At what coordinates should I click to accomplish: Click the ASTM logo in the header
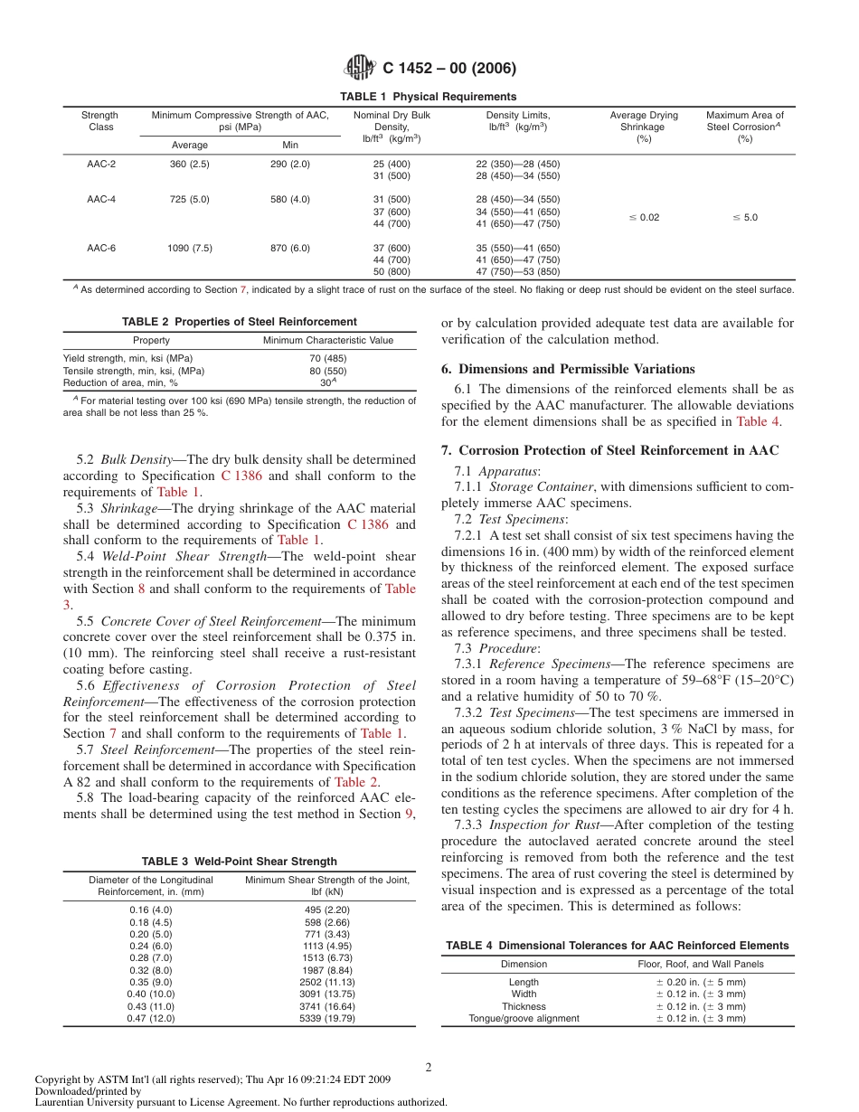click(362, 69)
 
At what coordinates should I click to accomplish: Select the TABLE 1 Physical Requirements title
click(428, 97)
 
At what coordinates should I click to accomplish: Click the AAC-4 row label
click(101, 199)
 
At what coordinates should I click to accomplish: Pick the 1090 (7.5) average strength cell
click(190, 248)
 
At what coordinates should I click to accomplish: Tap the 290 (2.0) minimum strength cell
click(289, 164)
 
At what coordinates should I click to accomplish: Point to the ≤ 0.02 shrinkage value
click(644, 218)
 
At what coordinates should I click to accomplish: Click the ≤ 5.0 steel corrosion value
click(744, 218)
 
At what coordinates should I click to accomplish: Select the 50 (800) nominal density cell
click(392, 271)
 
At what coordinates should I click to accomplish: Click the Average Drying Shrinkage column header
click(644, 127)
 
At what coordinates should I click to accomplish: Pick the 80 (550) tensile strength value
click(327, 371)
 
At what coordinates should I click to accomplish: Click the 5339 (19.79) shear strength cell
click(327, 1018)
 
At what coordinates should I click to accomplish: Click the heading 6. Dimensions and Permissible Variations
click(568, 369)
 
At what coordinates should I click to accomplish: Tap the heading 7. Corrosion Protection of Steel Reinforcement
click(618, 450)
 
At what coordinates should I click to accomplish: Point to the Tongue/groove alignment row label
click(524, 1018)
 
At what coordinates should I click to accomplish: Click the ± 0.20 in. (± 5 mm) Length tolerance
click(701, 982)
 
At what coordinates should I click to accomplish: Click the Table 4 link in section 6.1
click(757, 421)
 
